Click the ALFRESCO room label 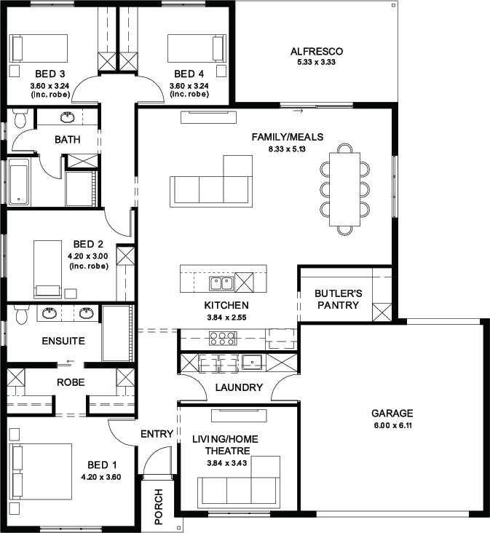(317, 51)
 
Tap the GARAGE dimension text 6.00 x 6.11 (393, 425)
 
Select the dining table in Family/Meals (344, 189)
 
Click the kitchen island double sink (221, 283)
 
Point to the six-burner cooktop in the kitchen (223, 339)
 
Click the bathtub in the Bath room (19, 185)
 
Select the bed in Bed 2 (47, 269)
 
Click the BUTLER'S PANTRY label (338, 299)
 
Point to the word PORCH (159, 506)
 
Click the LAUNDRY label (239, 387)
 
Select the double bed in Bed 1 (41, 472)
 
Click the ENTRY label (157, 434)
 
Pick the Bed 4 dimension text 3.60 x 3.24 (189, 86)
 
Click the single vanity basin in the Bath (68, 117)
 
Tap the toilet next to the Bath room (20, 118)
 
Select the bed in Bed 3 (38, 48)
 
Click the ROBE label (71, 382)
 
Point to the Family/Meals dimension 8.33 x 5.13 (287, 149)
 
